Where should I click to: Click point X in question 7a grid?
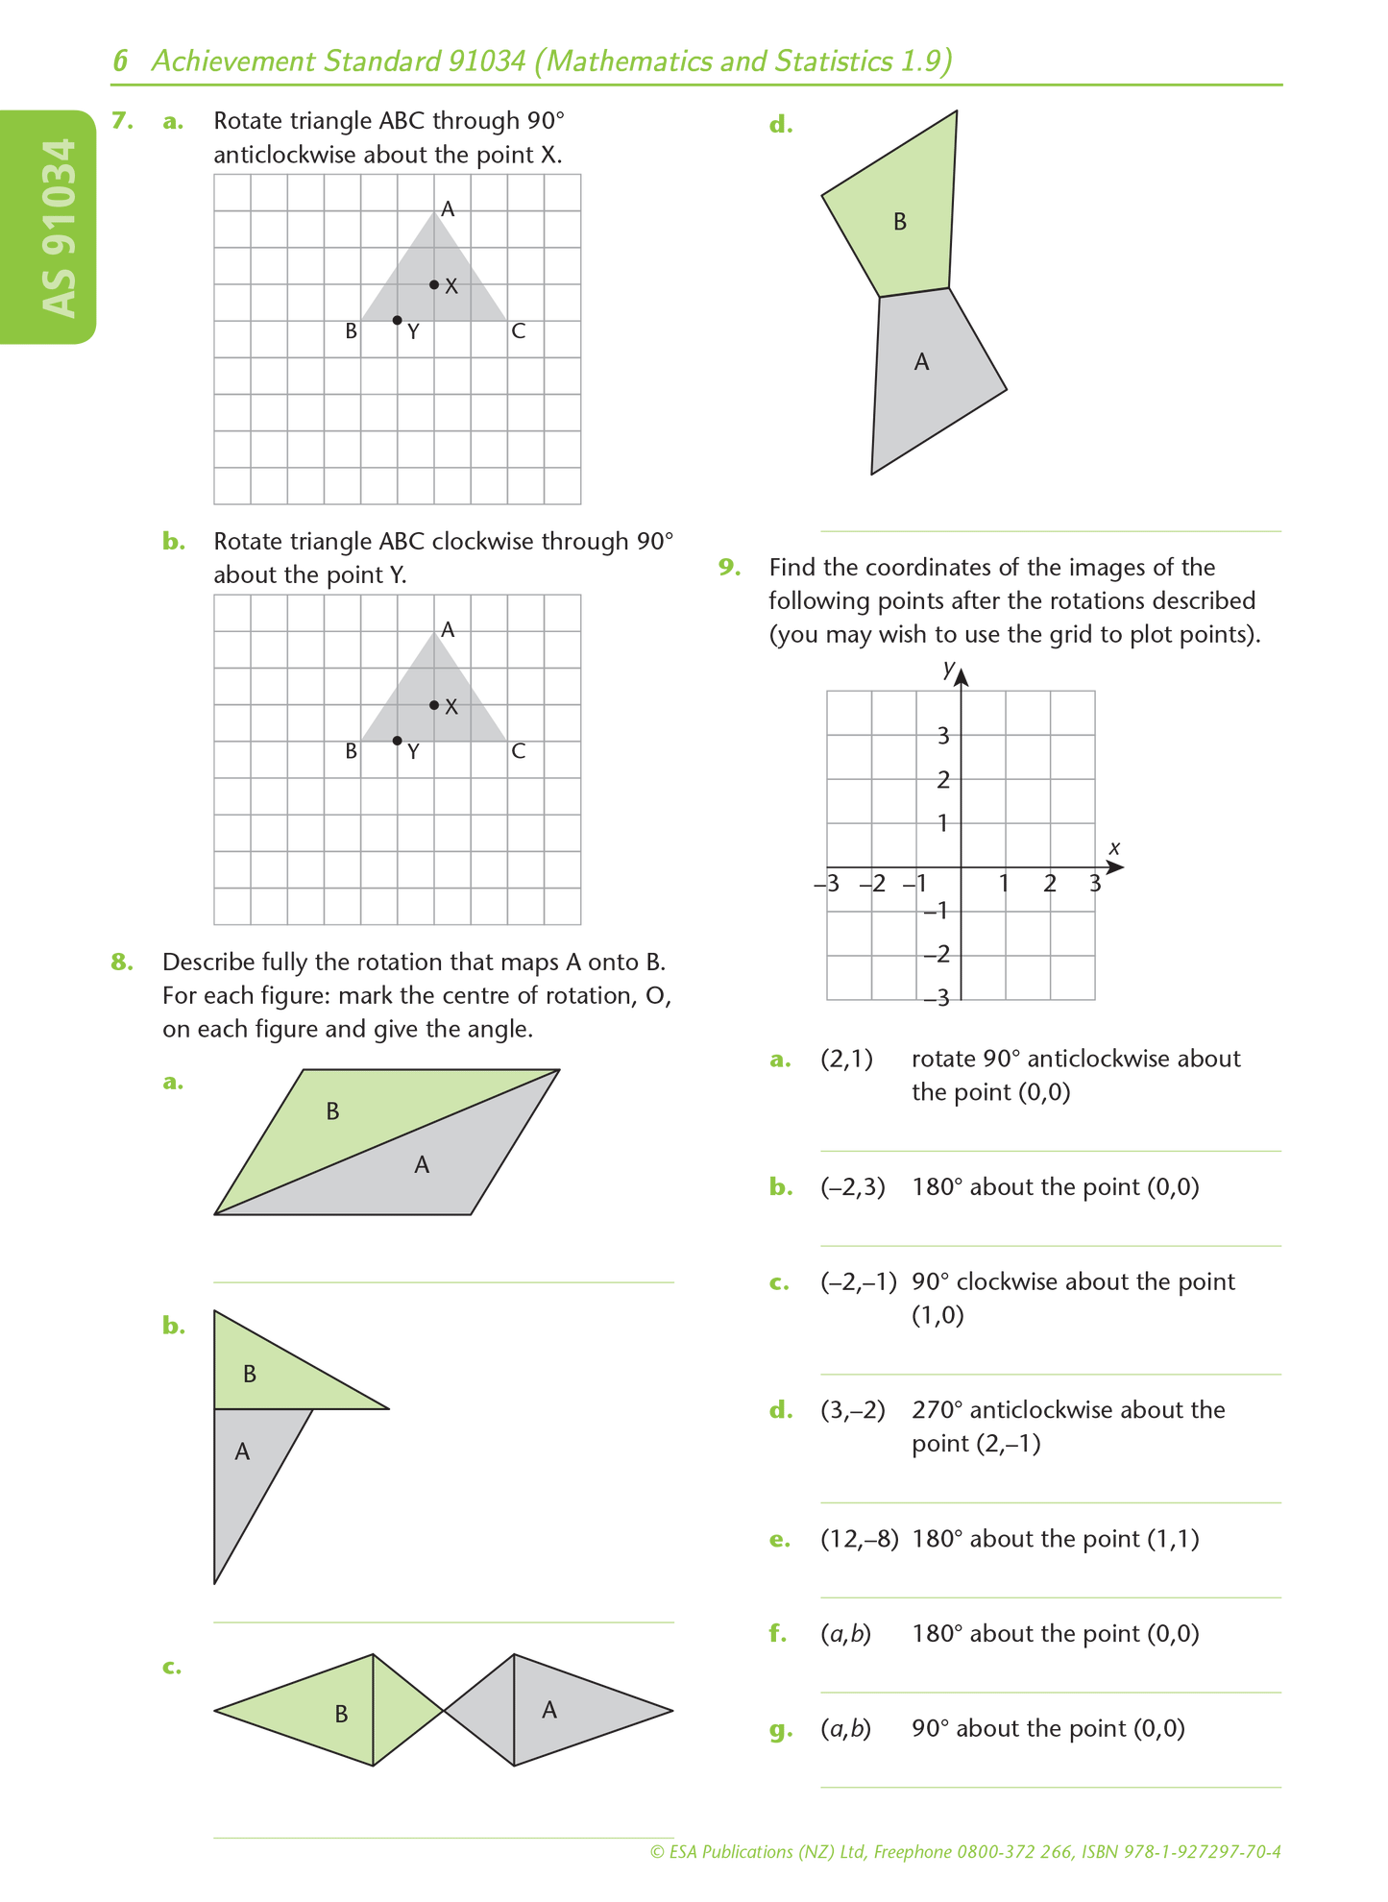434,284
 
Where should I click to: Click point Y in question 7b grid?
398,741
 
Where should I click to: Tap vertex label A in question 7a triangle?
448,208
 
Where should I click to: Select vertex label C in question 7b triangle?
518,751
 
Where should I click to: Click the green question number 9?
730,567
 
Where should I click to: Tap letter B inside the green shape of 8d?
900,222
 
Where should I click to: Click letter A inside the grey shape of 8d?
922,362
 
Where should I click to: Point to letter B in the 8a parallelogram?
332,1111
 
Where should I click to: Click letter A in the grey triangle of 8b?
242,1451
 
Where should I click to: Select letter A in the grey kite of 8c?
549,1710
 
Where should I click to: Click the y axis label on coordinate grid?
948,668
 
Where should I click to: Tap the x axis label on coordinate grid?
1114,848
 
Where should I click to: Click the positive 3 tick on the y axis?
943,736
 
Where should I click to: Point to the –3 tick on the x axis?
827,883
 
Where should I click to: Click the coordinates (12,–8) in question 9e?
859,1539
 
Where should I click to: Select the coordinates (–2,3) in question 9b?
853,1187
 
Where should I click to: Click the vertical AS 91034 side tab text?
60,228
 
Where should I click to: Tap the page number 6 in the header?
120,61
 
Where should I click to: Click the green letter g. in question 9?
781,1730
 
